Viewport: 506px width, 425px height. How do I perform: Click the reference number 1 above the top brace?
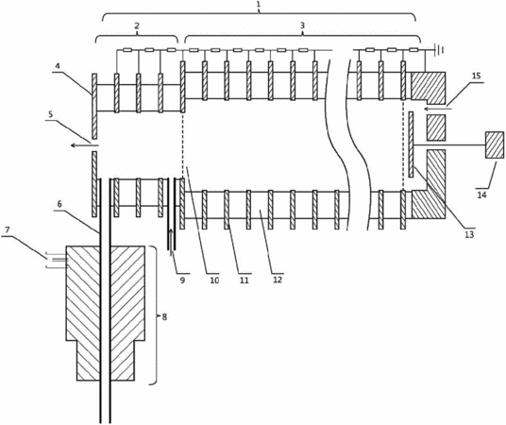(x=259, y=6)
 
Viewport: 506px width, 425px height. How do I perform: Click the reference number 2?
(x=137, y=26)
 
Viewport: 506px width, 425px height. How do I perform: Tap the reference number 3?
(x=302, y=25)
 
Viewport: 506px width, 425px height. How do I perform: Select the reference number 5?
(x=51, y=115)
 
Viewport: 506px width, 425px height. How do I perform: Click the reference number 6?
(x=59, y=205)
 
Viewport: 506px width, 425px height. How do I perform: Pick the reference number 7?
(x=8, y=230)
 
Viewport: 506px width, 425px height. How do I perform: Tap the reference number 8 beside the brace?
(x=164, y=317)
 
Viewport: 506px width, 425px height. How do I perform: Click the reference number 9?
(x=182, y=280)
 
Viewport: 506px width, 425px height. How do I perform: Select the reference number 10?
(x=214, y=280)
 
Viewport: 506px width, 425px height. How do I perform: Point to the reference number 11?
(x=245, y=280)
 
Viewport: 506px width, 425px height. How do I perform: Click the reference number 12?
(x=278, y=280)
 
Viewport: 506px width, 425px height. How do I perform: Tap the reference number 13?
(x=469, y=234)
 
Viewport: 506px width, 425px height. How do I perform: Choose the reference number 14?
(x=481, y=195)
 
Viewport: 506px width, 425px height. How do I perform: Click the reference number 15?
(x=477, y=76)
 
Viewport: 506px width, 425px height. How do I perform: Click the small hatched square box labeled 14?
(x=495, y=145)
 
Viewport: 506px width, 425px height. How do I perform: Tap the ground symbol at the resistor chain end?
(x=440, y=50)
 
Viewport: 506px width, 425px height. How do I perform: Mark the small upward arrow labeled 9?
(x=171, y=240)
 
